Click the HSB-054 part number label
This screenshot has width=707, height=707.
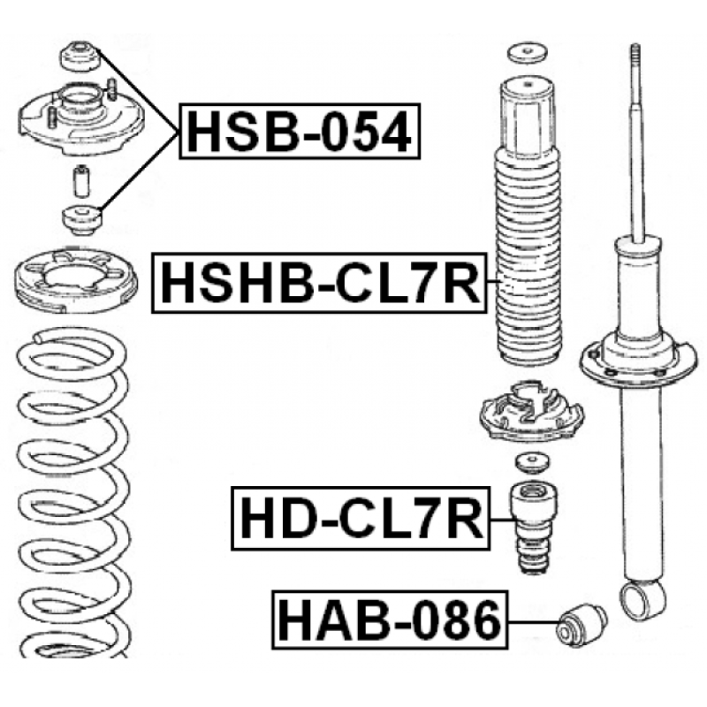pyautogui.click(x=300, y=131)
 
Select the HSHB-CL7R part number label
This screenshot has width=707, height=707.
pyautogui.click(x=320, y=283)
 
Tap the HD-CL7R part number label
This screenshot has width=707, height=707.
pyautogui.click(x=361, y=519)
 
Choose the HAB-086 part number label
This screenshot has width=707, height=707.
pyautogui.click(x=390, y=620)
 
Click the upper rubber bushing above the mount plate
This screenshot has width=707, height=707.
pyautogui.click(x=79, y=56)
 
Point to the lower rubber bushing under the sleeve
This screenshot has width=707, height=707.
pyautogui.click(x=81, y=220)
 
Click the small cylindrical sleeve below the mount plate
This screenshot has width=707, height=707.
pyautogui.click(x=81, y=181)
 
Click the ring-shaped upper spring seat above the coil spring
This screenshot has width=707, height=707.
pyautogui.click(x=76, y=282)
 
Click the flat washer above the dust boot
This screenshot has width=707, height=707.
pyautogui.click(x=528, y=54)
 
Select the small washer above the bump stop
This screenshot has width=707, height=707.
pyautogui.click(x=533, y=463)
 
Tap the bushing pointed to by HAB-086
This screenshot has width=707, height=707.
pyautogui.click(x=582, y=625)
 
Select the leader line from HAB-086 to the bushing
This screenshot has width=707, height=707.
pyautogui.click(x=533, y=623)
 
